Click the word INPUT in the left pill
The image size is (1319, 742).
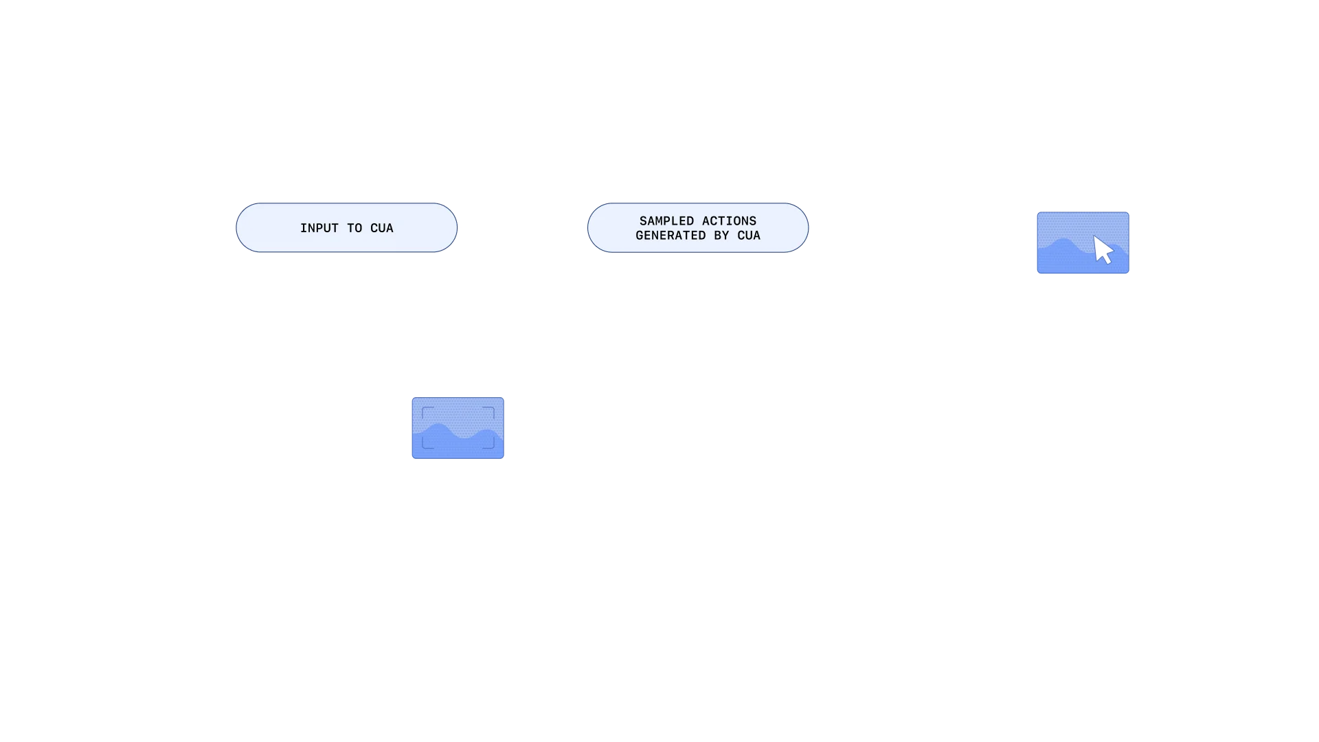pyautogui.click(x=319, y=228)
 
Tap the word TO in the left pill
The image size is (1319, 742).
pyautogui.click(x=354, y=228)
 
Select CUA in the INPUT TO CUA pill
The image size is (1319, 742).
pyautogui.click(x=382, y=228)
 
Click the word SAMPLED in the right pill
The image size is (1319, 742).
pyautogui.click(x=666, y=221)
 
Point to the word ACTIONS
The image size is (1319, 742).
pyautogui.click(x=729, y=221)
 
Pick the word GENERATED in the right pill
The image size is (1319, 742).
pyautogui.click(x=670, y=236)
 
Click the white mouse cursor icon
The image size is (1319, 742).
pyautogui.click(x=1103, y=250)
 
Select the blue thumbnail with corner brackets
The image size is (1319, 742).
pyautogui.click(x=458, y=428)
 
